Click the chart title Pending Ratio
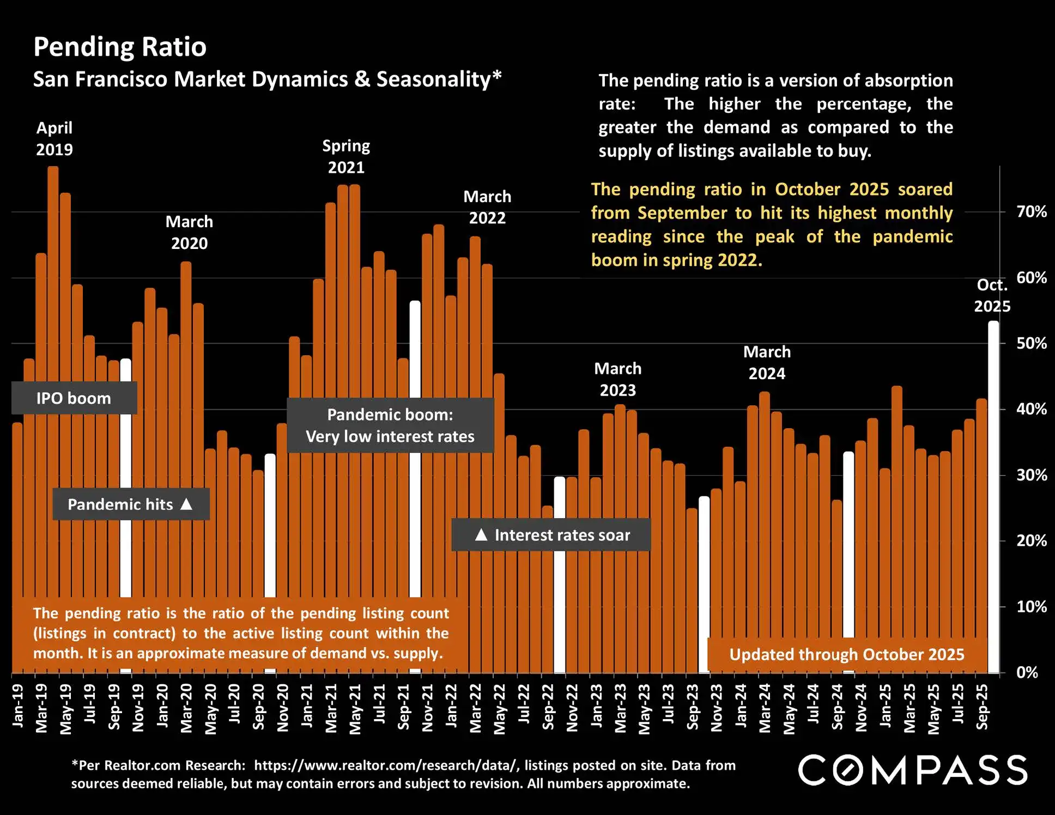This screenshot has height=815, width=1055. click(x=120, y=47)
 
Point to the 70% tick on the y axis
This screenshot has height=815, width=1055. click(x=1031, y=212)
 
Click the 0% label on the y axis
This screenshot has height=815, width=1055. click(x=1027, y=672)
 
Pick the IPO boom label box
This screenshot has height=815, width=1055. click(x=74, y=398)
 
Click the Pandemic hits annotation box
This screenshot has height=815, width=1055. click(x=131, y=504)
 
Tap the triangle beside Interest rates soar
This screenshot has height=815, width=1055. click(x=481, y=534)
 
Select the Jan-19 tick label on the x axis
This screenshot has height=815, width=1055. click(x=17, y=706)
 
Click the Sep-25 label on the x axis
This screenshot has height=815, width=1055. click(x=982, y=707)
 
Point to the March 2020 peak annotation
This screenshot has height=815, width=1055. click(x=189, y=232)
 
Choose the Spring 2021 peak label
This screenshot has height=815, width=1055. click(x=346, y=156)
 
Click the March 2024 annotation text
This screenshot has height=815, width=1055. click(x=767, y=362)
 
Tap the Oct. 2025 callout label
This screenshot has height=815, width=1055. click(x=992, y=295)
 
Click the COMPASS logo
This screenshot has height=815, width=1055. click(x=913, y=770)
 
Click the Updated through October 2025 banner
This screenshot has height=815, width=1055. click(x=846, y=654)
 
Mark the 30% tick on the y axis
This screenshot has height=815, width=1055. click(x=1031, y=475)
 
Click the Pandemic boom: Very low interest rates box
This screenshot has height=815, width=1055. click(x=390, y=425)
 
